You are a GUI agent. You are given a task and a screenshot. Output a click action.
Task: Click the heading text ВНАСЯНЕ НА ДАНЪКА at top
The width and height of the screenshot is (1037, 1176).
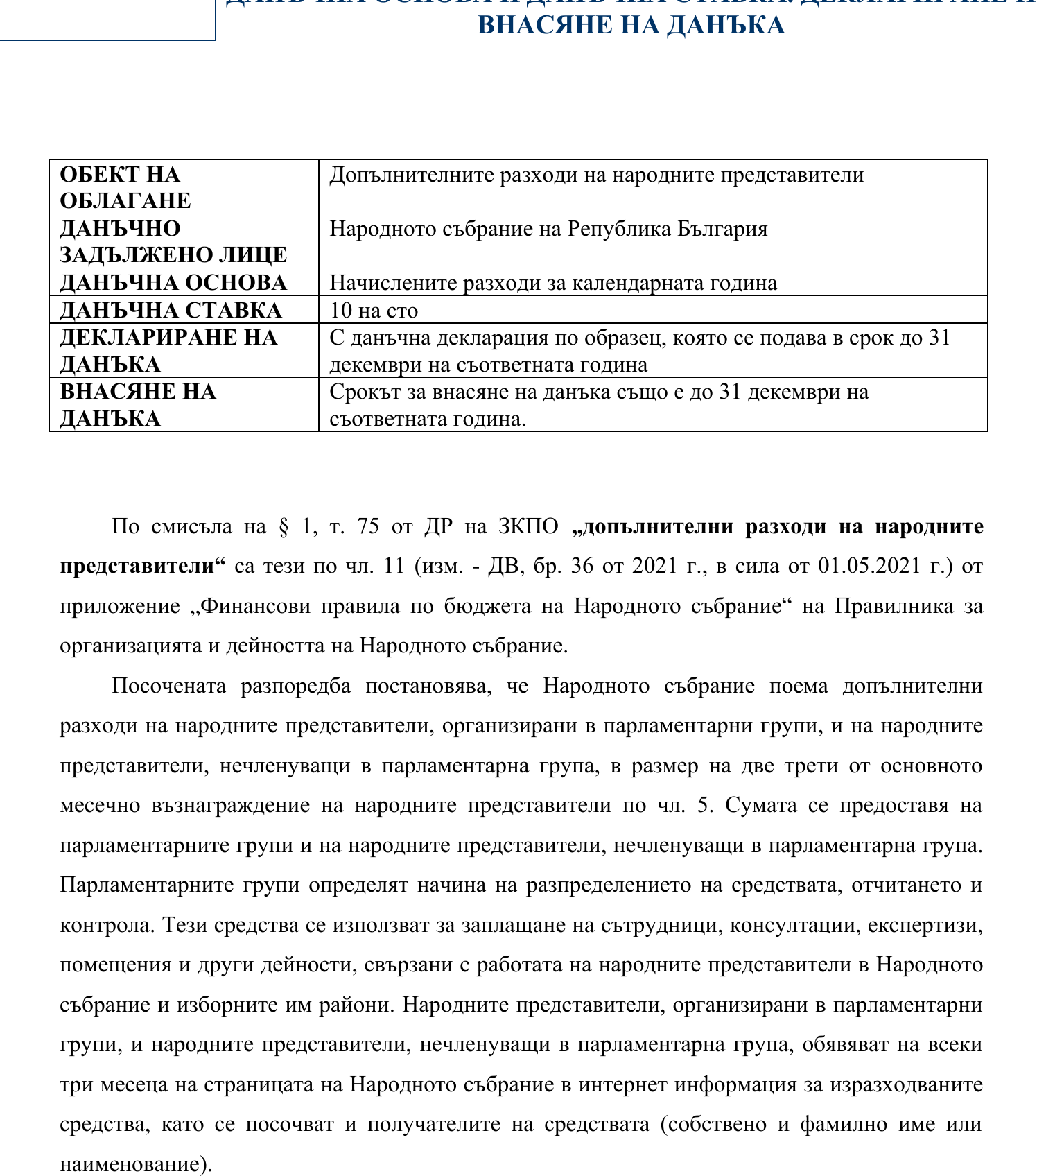(631, 25)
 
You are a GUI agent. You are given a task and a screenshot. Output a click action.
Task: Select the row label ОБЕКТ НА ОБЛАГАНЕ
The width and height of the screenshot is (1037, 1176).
(125, 187)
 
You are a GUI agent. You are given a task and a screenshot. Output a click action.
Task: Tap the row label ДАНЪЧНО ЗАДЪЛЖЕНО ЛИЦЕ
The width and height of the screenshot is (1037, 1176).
(173, 241)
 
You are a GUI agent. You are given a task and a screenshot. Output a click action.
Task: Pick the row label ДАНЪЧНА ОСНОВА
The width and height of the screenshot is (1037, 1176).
(173, 282)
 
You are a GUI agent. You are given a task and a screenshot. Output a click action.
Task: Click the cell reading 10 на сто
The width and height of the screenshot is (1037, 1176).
(374, 310)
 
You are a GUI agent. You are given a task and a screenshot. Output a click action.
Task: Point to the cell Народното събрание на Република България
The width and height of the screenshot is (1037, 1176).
(548, 229)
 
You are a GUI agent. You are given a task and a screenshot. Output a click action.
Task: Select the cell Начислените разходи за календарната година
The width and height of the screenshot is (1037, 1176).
(553, 283)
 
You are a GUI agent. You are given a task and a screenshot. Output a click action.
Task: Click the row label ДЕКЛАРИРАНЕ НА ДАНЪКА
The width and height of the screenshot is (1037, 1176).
(168, 350)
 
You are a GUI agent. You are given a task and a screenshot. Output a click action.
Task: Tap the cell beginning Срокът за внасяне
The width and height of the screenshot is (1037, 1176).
(599, 405)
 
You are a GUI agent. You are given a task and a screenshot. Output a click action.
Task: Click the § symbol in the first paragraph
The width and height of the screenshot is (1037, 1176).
(283, 527)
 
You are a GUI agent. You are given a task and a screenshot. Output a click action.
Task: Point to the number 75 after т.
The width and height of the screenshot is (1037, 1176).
(368, 527)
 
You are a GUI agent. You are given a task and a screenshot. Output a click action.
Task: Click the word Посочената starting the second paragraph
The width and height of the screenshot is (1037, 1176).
(169, 686)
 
